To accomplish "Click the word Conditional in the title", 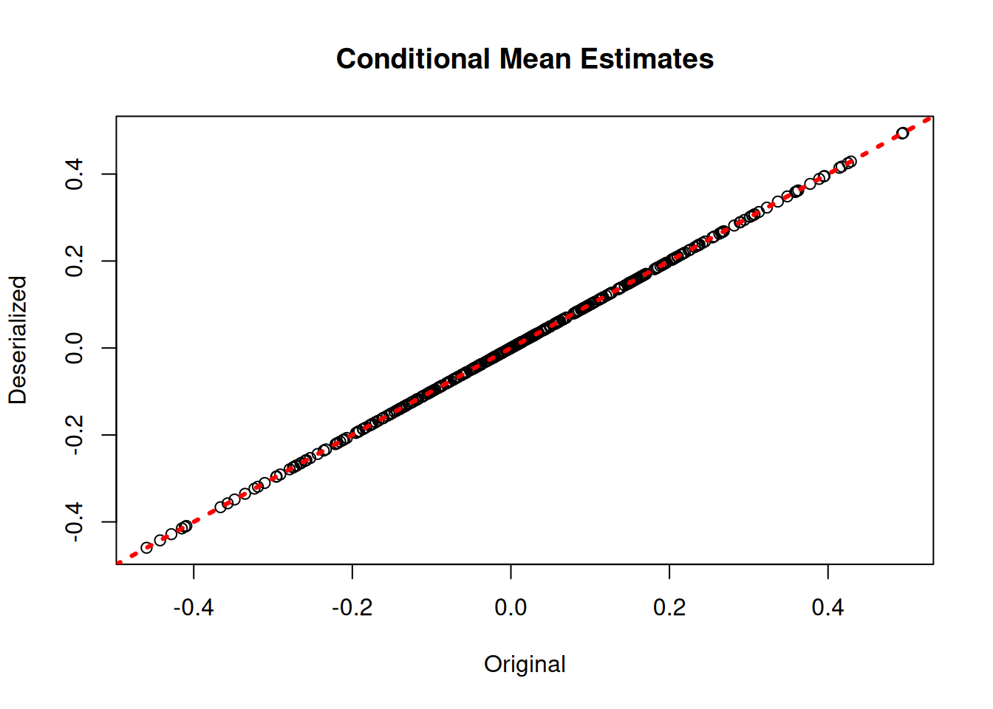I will [x=413, y=59].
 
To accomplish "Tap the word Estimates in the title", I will [x=646, y=59].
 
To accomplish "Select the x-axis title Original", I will [x=525, y=664].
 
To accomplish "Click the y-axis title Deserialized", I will [x=18, y=340].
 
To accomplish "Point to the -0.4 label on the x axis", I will [x=194, y=608].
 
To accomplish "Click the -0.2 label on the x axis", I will [x=352, y=608].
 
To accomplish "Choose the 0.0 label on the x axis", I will [x=511, y=608].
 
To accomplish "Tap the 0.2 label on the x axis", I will [x=669, y=608].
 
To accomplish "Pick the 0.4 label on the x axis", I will [x=827, y=608].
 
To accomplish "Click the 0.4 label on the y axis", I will [x=75, y=174].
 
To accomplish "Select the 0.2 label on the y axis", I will [x=75, y=261].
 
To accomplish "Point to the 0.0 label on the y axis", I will [x=75, y=348].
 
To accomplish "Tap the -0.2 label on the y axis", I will [x=75, y=435].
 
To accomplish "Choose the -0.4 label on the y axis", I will [x=75, y=522].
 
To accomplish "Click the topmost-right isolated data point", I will [x=902, y=134].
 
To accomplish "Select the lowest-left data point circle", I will [x=147, y=547].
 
